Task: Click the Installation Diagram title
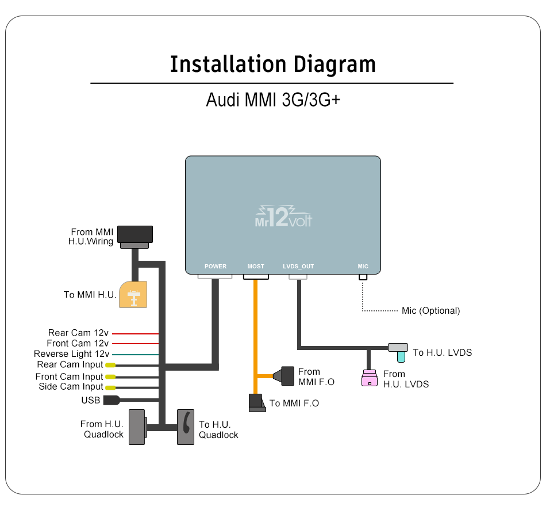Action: (x=272, y=64)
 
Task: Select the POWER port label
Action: (x=216, y=267)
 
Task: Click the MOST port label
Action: (x=256, y=267)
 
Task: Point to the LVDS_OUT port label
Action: (x=298, y=267)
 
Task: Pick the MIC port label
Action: (x=363, y=267)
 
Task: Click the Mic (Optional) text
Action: (x=430, y=311)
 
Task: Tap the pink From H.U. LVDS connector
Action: (x=369, y=378)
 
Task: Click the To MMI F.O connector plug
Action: (x=256, y=403)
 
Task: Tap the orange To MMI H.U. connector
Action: (x=133, y=295)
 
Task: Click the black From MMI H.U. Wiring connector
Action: (x=135, y=235)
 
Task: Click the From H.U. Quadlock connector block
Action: (x=136, y=427)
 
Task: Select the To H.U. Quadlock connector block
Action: (x=186, y=427)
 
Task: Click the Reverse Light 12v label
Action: (x=71, y=354)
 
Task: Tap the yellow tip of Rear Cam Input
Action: (x=110, y=365)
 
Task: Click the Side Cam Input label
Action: (x=71, y=387)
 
